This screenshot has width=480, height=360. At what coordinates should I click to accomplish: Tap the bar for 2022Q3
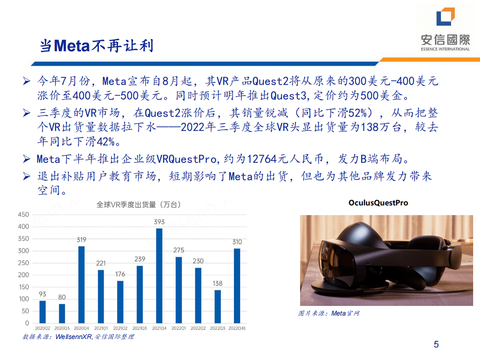click(x=217, y=306)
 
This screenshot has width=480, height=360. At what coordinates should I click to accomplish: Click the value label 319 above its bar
click(x=81, y=240)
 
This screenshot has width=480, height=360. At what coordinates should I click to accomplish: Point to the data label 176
click(x=120, y=274)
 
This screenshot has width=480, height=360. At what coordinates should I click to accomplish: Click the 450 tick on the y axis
click(x=23, y=215)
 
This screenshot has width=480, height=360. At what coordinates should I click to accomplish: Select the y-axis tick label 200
click(x=23, y=275)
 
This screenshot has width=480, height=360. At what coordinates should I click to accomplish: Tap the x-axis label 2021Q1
click(x=100, y=329)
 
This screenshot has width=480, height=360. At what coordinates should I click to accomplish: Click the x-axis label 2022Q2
click(x=198, y=329)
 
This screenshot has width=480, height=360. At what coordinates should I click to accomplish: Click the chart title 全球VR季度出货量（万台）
click(x=138, y=205)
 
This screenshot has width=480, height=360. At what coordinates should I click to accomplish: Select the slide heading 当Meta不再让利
click(x=96, y=46)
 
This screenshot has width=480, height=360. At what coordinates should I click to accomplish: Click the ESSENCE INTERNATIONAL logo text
click(x=445, y=49)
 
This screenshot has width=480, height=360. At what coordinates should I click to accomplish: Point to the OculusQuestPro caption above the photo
click(x=378, y=203)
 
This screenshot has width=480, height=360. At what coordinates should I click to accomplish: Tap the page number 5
click(x=436, y=344)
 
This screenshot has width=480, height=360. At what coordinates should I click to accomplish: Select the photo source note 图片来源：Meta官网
click(x=329, y=313)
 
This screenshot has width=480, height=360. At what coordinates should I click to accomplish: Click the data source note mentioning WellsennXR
click(x=78, y=337)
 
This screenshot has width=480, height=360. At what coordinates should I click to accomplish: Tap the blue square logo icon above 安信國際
click(x=445, y=17)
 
